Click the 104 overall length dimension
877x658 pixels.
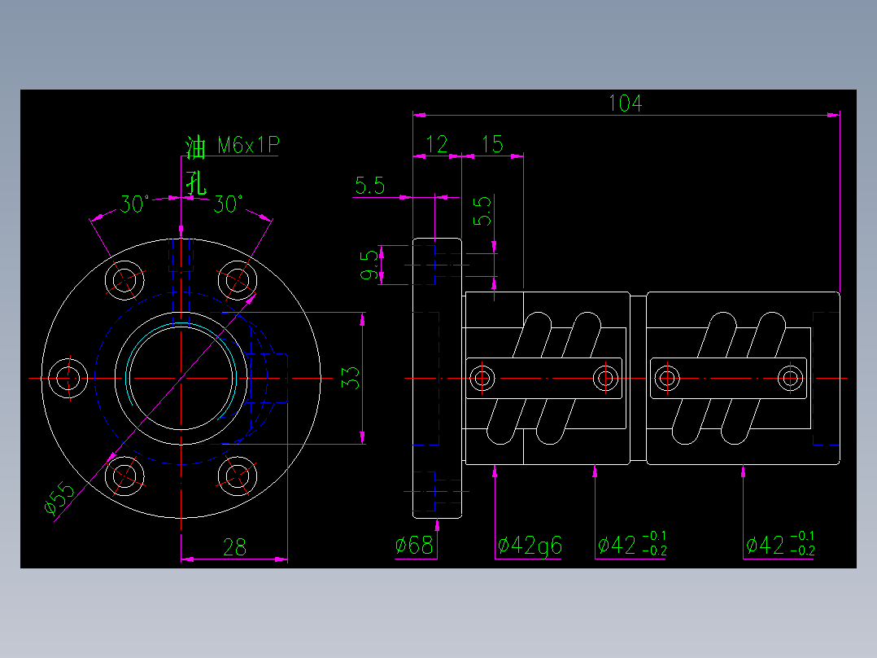(625, 103)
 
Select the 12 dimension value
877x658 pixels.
(437, 145)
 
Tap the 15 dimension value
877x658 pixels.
(492, 145)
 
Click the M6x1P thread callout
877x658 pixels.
(248, 146)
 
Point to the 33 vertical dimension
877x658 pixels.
(350, 378)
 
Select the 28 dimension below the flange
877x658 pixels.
(234, 547)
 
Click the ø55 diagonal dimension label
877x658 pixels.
(59, 498)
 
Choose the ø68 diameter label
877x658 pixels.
(415, 546)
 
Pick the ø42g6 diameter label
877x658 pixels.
(530, 546)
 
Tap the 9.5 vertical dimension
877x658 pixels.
(370, 265)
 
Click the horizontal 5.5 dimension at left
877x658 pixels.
(369, 186)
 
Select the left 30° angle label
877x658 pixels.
(135, 204)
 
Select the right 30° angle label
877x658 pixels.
(228, 204)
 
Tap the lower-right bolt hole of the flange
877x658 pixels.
(238, 476)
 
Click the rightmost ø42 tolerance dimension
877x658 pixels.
(779, 545)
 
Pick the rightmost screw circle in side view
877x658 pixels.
(789, 378)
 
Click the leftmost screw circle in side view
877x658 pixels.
(482, 378)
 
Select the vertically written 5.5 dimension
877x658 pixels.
(482, 210)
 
